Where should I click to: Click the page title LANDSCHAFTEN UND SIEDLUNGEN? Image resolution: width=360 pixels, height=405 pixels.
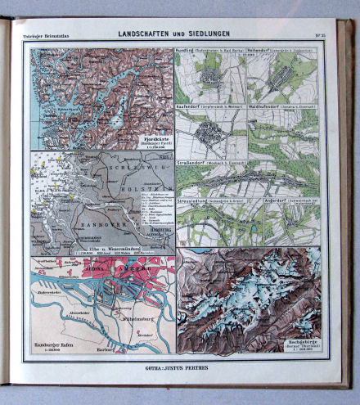(173, 34)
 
